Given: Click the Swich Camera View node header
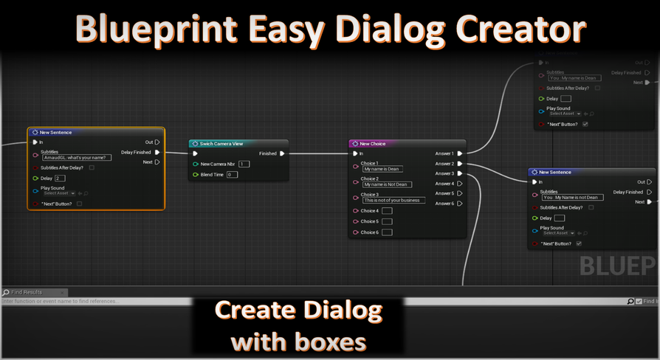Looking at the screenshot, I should pyautogui.click(x=221, y=143).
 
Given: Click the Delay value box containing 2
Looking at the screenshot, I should pyautogui.click(x=60, y=178).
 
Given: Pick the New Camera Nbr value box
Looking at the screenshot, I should pyautogui.click(x=244, y=164).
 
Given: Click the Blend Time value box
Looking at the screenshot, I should pyautogui.click(x=232, y=174).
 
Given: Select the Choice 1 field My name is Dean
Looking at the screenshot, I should pyautogui.click(x=382, y=169).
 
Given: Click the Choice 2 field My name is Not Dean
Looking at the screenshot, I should pyautogui.click(x=386, y=184).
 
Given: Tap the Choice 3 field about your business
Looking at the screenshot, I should pyautogui.click(x=393, y=200).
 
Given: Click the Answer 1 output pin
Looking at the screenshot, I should pyautogui.click(x=459, y=153).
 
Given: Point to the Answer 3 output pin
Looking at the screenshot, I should pyautogui.click(x=459, y=173).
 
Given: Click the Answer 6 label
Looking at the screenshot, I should pyautogui.click(x=444, y=204).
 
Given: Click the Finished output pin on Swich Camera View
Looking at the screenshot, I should pyautogui.click(x=282, y=153).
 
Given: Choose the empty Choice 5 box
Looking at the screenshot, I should pyautogui.click(x=387, y=221).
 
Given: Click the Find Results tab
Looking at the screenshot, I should pyautogui.click(x=27, y=293).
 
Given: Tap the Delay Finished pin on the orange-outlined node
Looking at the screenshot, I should pyautogui.click(x=157, y=152).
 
